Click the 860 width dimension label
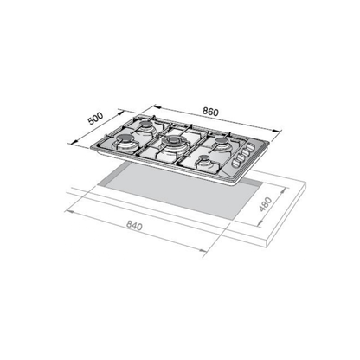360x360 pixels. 210,112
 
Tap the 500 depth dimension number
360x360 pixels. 95,119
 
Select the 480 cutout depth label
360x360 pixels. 266,204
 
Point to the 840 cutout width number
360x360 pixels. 134,226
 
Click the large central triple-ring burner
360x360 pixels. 173,141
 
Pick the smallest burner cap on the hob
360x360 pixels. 204,158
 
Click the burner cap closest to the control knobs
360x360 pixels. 222,141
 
